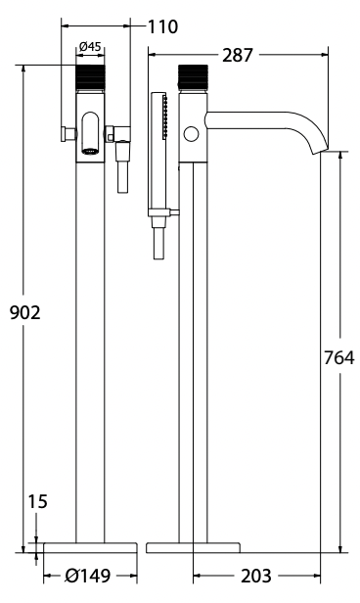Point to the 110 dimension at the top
coord(162,26)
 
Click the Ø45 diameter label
coord(90,46)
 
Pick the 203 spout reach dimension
coord(256,578)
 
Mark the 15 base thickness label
coord(37,502)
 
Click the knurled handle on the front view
coord(90,79)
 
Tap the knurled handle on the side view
coord(192,79)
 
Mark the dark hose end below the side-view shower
coord(158,244)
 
